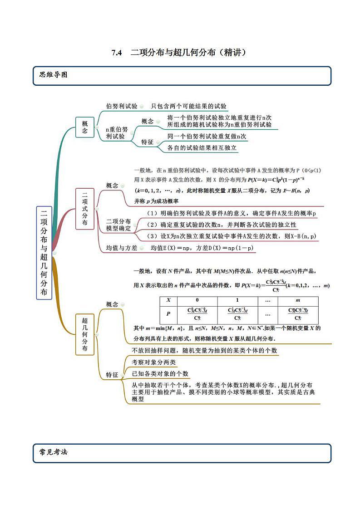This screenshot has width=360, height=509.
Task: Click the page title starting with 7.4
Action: click(x=179, y=53)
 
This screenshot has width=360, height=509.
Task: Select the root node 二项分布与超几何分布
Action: click(x=44, y=253)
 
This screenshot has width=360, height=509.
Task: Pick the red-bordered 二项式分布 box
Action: click(x=85, y=208)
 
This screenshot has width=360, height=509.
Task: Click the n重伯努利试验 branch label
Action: click(x=117, y=132)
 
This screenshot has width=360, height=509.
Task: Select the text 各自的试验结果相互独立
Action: click(x=202, y=148)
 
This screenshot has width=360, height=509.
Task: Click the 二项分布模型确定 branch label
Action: click(x=118, y=225)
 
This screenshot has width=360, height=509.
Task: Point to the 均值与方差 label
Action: click(x=121, y=248)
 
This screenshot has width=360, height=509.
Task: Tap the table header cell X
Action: click(x=168, y=300)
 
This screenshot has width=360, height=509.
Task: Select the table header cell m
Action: click(x=298, y=300)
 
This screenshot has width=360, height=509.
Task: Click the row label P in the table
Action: click(x=168, y=313)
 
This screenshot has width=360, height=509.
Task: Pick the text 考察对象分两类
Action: click(x=153, y=362)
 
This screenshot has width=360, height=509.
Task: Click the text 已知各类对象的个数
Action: click(x=160, y=374)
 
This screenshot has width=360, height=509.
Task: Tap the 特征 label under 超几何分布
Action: click(x=112, y=375)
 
